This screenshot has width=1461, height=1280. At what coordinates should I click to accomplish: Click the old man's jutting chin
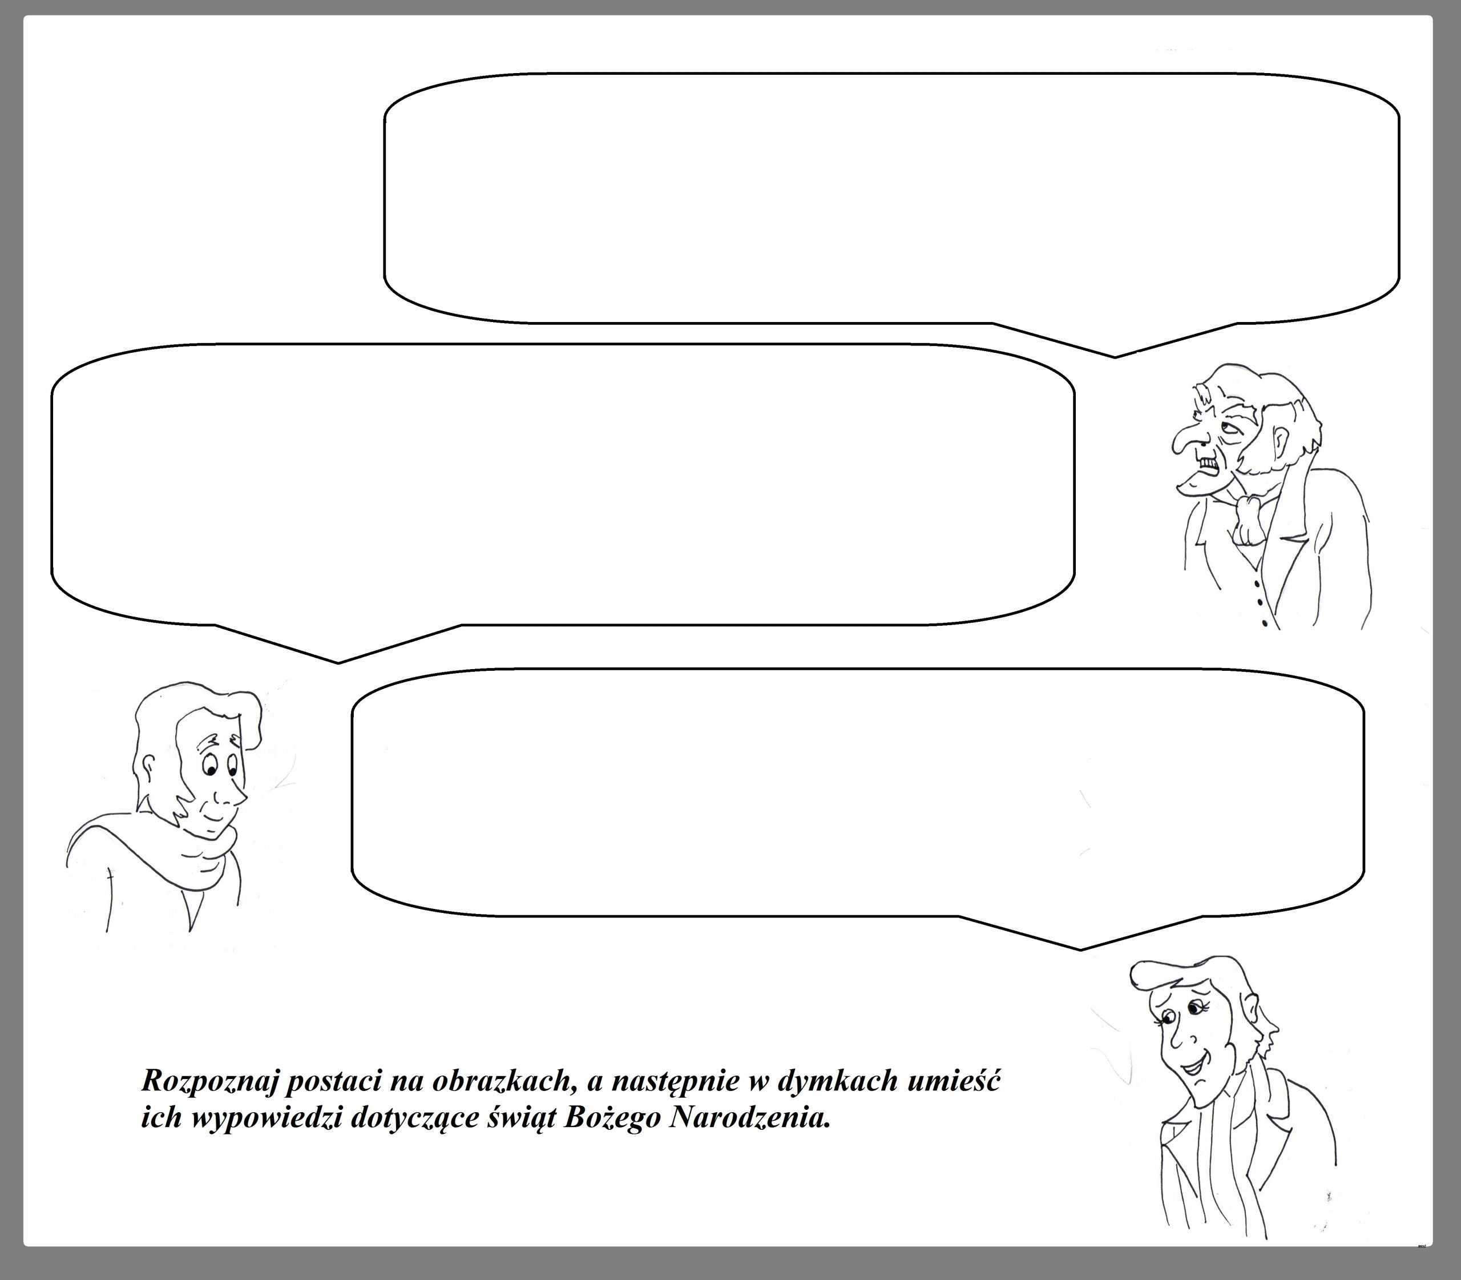click(x=1190, y=486)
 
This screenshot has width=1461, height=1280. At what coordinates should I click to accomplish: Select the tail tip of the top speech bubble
click(x=1115, y=357)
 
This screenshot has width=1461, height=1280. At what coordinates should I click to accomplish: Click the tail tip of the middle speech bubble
click(x=338, y=663)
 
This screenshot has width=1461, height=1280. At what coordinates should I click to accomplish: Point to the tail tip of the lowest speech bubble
click(x=1080, y=950)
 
